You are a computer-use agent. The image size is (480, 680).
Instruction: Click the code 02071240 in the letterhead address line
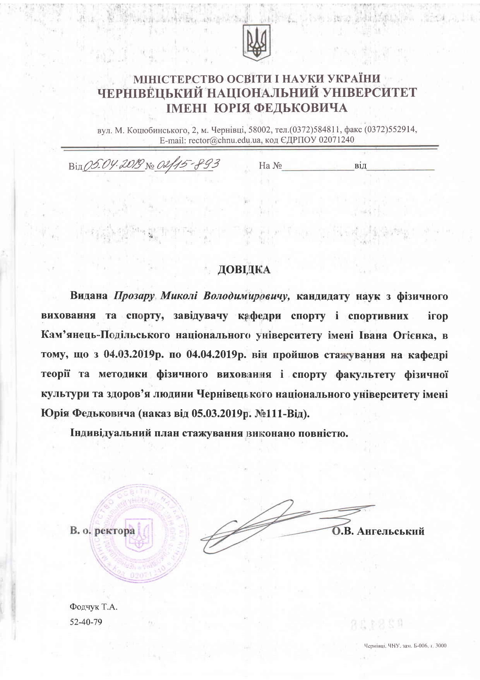(336, 139)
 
